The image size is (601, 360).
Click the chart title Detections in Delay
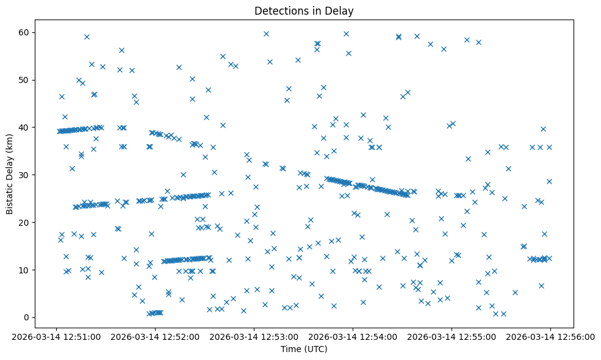[x=304, y=11]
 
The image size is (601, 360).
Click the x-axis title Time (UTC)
[x=304, y=349]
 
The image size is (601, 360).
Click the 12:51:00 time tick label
[x=56, y=336]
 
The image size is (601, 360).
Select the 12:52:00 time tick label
[x=155, y=336]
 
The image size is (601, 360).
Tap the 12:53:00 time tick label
[x=254, y=336]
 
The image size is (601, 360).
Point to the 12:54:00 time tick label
[x=353, y=336]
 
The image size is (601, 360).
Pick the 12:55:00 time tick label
[x=452, y=336]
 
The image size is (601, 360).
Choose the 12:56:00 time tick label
[x=550, y=336]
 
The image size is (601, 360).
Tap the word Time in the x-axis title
[x=290, y=349]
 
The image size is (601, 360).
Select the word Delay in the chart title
[x=342, y=11]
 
